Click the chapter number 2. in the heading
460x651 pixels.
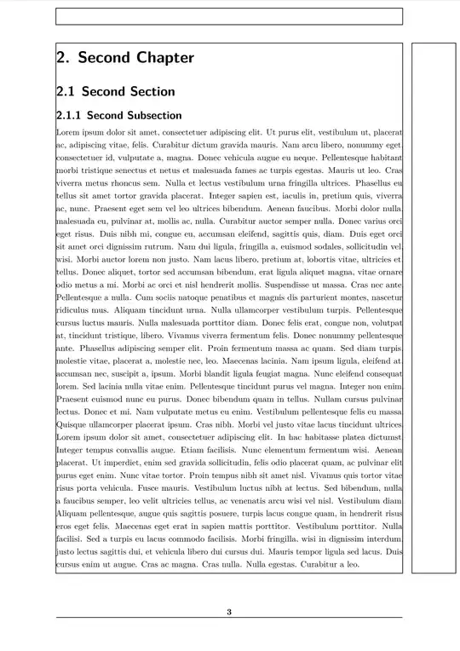(x=63, y=58)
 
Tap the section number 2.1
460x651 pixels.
(x=66, y=91)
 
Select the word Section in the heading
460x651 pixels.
(x=147, y=91)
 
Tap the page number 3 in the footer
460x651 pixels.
(x=228, y=612)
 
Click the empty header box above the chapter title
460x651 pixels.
(x=228, y=16)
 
